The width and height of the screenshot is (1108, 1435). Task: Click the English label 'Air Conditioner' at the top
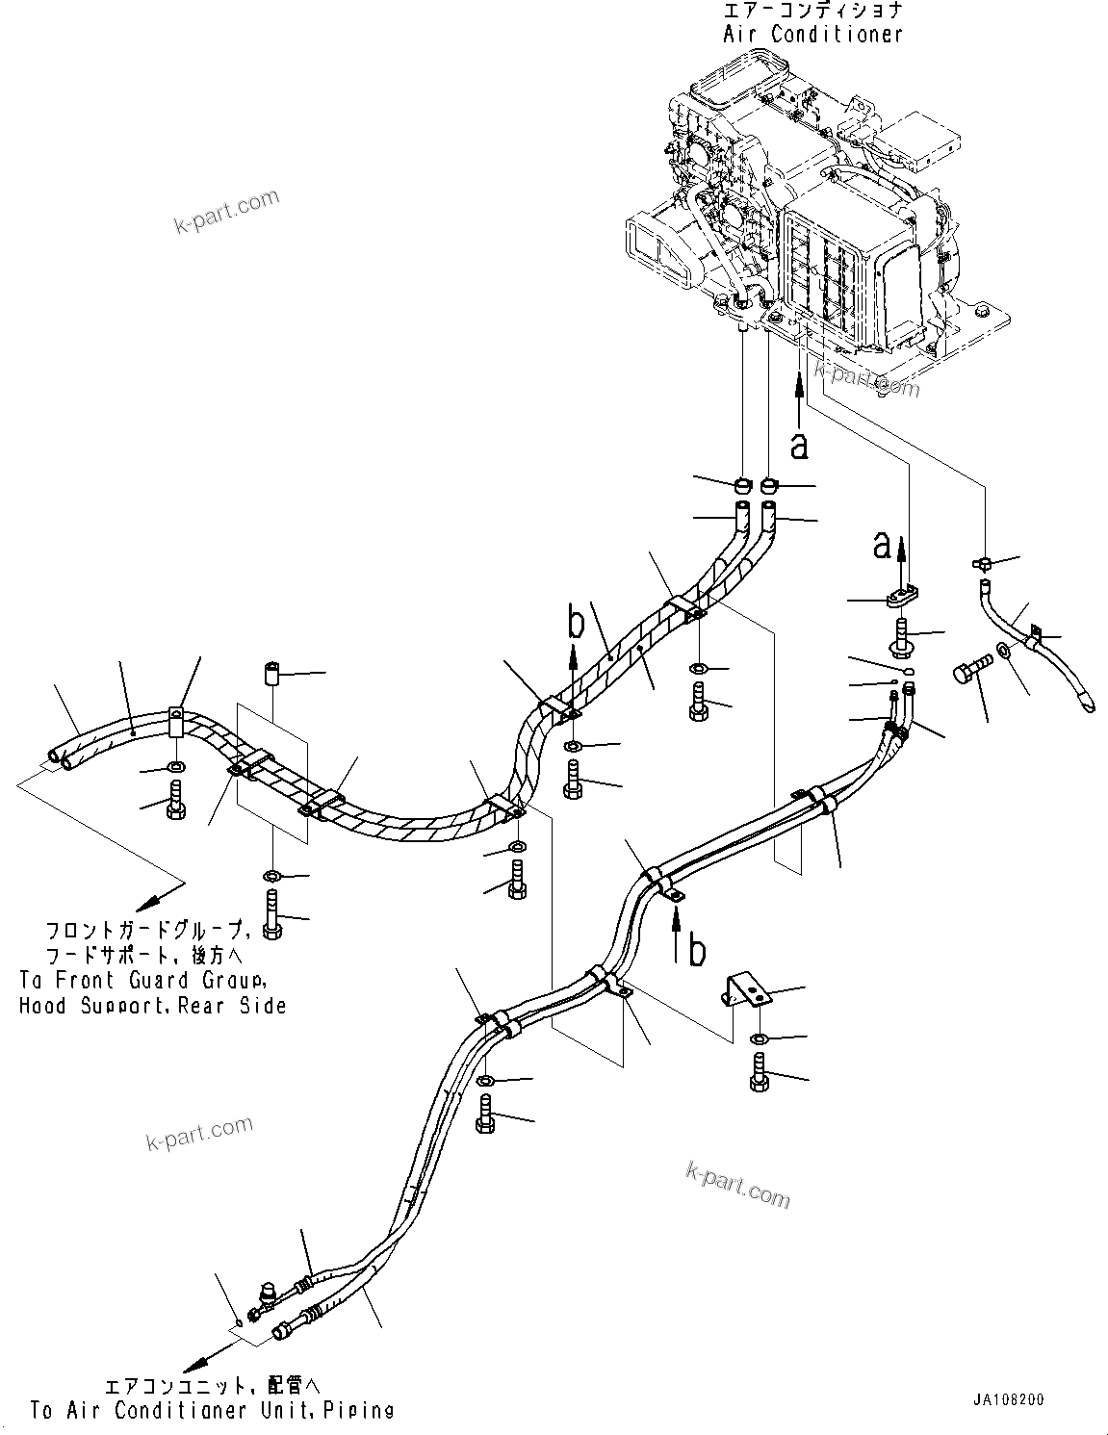pos(813,34)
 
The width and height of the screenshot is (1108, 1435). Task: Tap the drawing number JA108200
pos(1007,1400)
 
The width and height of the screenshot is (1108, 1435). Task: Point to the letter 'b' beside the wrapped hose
pos(576,624)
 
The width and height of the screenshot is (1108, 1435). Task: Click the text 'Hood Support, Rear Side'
pos(152,1006)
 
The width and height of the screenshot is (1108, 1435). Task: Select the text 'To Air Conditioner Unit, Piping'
pos(212,1411)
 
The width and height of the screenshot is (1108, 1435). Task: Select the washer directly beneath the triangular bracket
pos(759,1038)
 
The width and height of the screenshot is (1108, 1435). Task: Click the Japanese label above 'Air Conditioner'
pos(813,11)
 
